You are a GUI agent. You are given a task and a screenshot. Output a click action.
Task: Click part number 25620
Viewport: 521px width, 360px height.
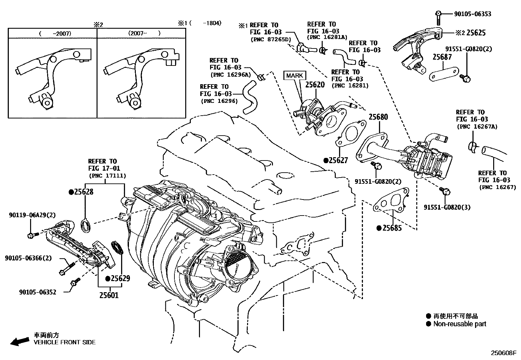click(x=315, y=85)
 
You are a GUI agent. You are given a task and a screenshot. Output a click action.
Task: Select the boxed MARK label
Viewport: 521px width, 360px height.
click(x=295, y=76)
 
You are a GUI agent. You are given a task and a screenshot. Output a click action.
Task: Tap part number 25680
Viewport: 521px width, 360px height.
click(x=378, y=117)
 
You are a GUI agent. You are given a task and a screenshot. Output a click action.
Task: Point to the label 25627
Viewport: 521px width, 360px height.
click(x=338, y=161)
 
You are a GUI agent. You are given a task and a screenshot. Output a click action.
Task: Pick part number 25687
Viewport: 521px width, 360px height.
click(x=442, y=57)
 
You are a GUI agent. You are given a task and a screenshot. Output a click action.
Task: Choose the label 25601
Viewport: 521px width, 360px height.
click(x=109, y=295)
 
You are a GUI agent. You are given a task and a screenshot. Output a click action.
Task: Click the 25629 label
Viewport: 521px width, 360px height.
click(x=120, y=279)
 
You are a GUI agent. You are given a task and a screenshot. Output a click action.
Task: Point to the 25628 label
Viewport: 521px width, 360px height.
click(x=83, y=192)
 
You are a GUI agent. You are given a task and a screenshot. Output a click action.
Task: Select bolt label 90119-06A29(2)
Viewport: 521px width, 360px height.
click(x=32, y=215)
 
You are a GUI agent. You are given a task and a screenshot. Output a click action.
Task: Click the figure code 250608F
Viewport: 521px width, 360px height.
click(x=503, y=353)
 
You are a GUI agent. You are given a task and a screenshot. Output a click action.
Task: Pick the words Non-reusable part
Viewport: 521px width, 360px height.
click(x=459, y=324)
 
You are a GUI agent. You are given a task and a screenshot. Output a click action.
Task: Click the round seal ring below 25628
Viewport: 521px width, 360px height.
click(x=86, y=226)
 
